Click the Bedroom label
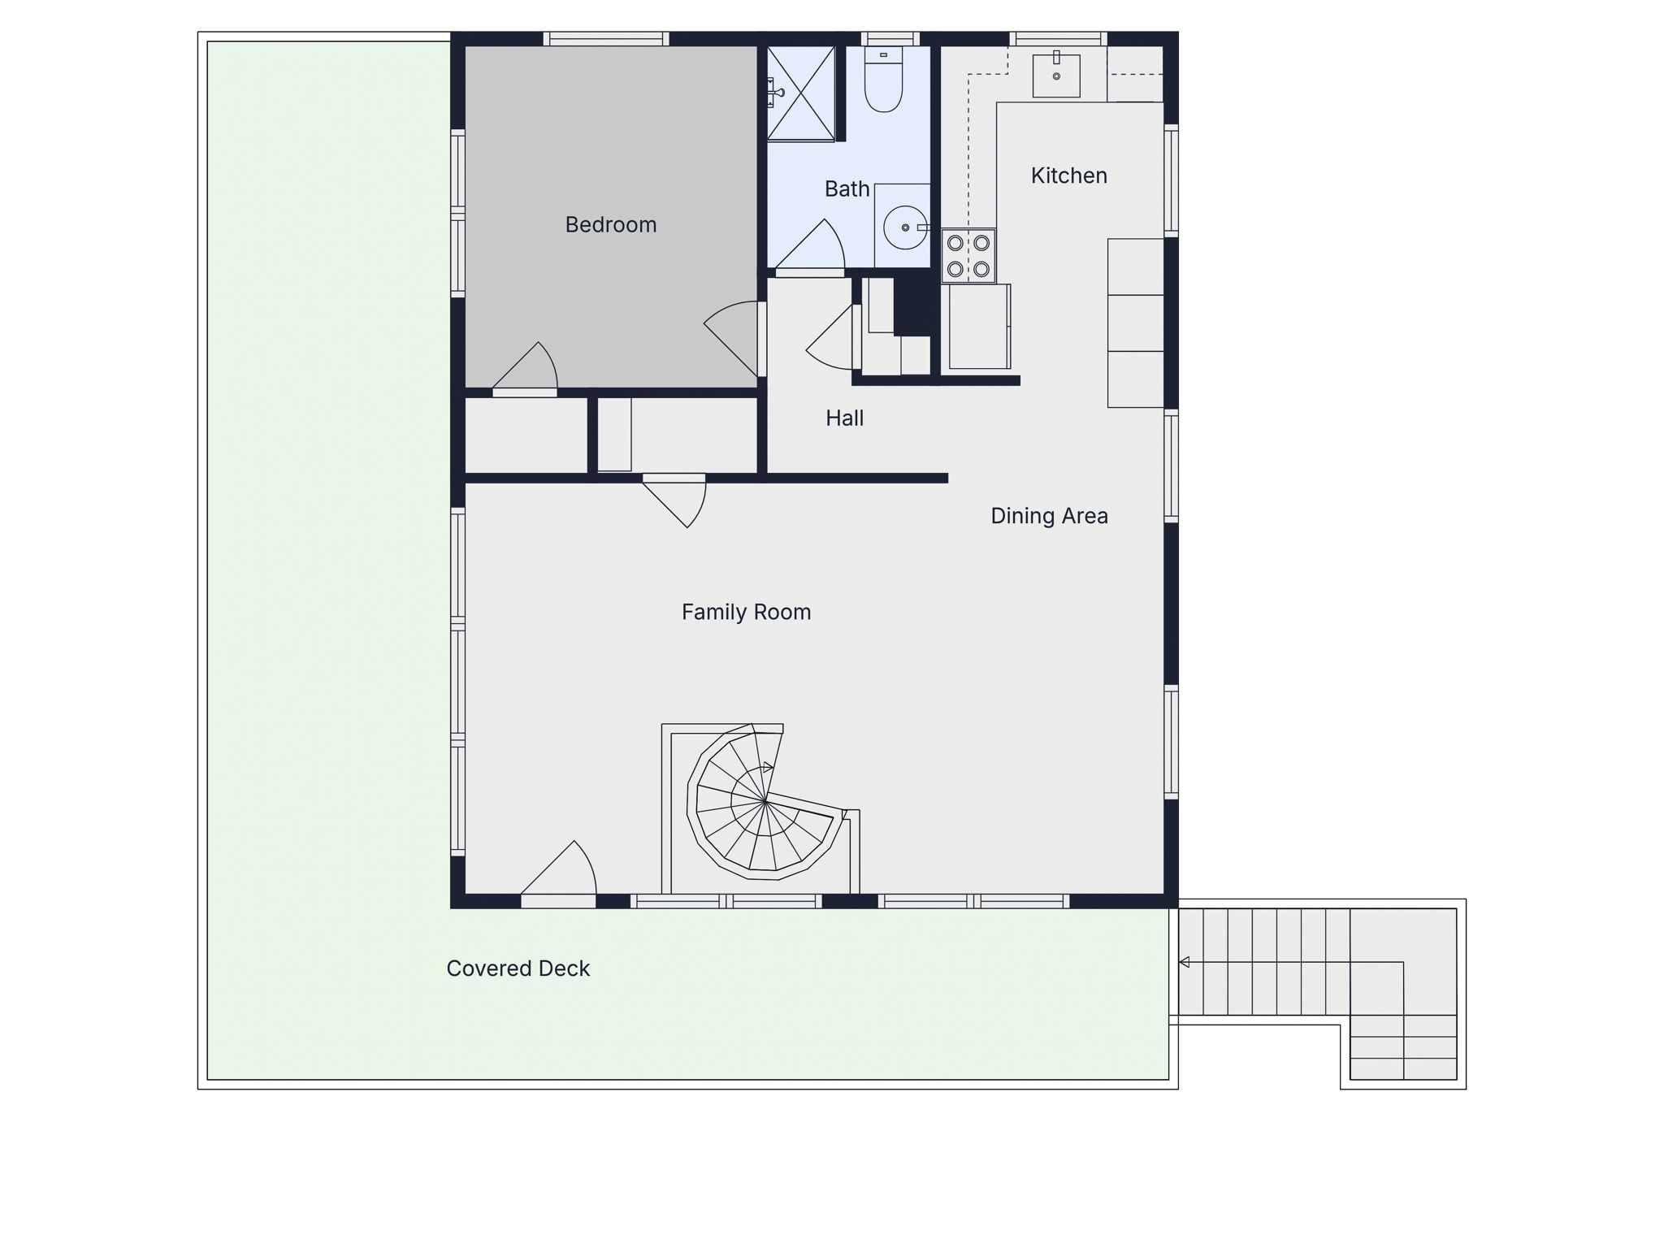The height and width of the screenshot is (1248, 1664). tap(611, 224)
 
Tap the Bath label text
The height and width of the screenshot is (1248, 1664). tap(847, 188)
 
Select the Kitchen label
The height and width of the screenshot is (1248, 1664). tap(1069, 175)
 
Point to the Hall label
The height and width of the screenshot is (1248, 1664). tap(845, 418)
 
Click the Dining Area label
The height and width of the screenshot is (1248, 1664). tap(1050, 516)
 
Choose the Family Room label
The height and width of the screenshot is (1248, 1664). tap(747, 612)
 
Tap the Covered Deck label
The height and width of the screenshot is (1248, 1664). tap(518, 968)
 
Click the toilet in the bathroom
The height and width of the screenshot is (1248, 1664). tap(884, 80)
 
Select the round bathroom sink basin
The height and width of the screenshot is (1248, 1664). tap(905, 227)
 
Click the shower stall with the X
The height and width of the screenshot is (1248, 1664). tap(801, 93)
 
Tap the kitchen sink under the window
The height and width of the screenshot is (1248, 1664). tap(1056, 75)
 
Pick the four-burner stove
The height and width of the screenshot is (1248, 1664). tap(968, 256)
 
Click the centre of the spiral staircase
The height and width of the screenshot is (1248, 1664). tap(765, 802)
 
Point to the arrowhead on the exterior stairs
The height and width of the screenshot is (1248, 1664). tap(1185, 963)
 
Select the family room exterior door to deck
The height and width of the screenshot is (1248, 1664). tap(558, 873)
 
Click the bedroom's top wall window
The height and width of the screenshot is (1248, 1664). tap(606, 38)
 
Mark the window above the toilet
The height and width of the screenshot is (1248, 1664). tap(890, 38)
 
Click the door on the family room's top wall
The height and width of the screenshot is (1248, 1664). tap(674, 500)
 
